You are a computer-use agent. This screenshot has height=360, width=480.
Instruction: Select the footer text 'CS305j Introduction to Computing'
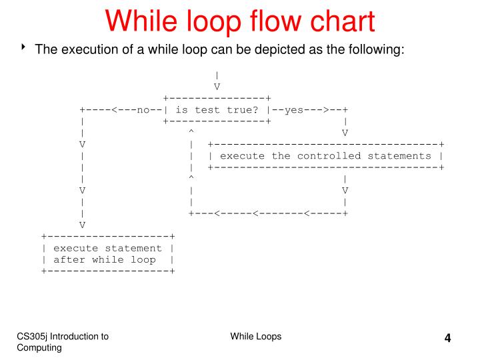click(x=64, y=342)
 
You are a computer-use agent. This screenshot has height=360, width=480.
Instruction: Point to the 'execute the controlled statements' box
click(x=326, y=156)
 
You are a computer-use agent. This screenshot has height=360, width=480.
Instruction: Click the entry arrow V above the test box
click(x=217, y=87)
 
